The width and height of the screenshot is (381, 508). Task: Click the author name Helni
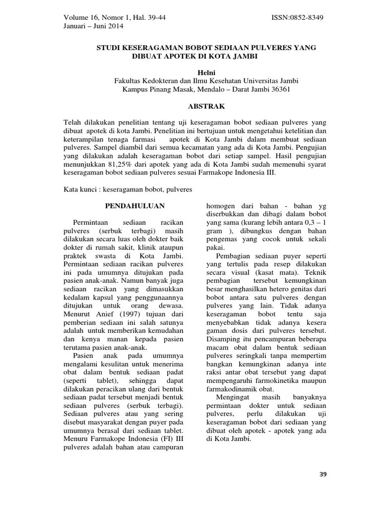pyautogui.click(x=206, y=72)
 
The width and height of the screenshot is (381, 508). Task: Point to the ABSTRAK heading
pyautogui.click(x=206, y=106)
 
